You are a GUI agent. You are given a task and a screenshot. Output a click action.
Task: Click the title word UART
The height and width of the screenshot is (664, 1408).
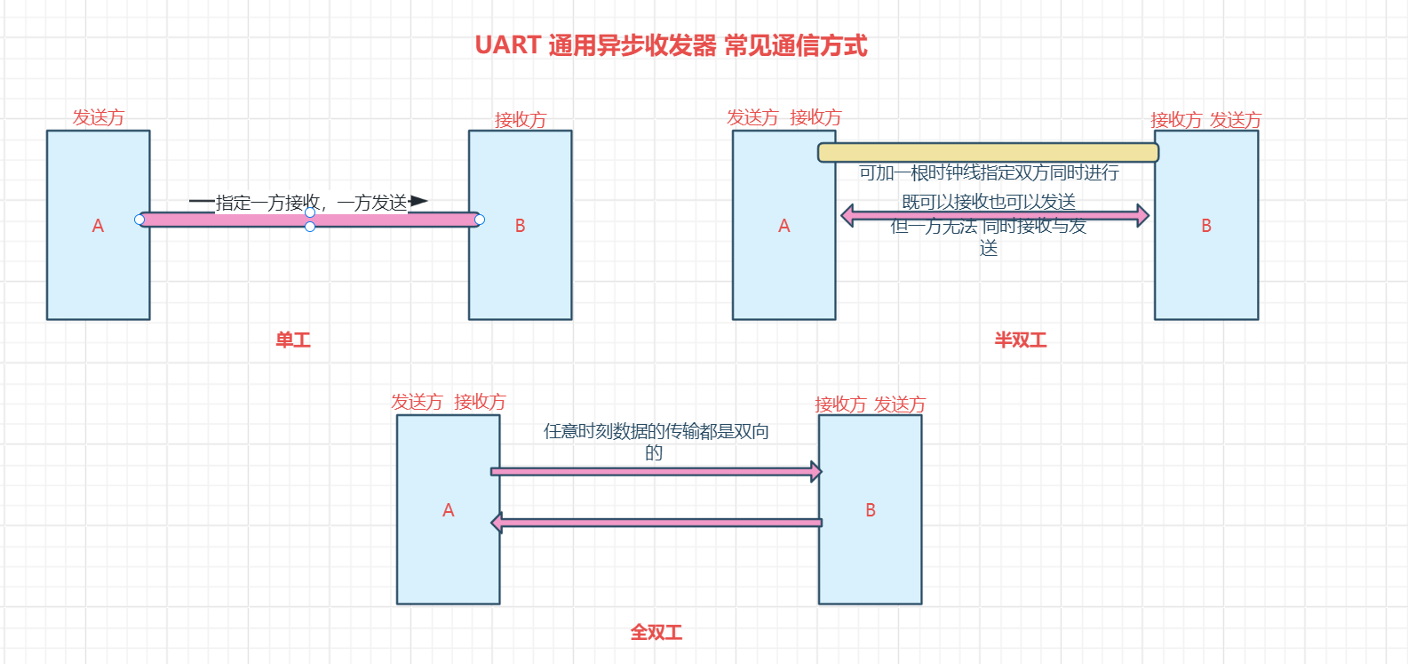(x=507, y=45)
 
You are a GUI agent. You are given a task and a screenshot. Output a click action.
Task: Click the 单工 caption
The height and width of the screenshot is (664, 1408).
(x=293, y=340)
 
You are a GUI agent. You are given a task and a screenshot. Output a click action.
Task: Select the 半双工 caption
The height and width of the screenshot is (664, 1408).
(x=1021, y=340)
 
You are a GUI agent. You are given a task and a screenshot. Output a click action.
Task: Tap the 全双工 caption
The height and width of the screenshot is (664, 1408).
(x=656, y=632)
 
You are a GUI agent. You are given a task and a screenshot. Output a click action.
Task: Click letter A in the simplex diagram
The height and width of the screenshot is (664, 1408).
(x=98, y=226)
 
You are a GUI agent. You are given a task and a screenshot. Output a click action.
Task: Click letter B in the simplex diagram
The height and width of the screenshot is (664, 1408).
(x=521, y=226)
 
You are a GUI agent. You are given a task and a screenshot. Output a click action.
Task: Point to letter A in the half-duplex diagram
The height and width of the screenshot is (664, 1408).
(x=784, y=226)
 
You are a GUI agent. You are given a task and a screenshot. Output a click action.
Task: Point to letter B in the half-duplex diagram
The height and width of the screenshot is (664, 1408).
(x=1206, y=226)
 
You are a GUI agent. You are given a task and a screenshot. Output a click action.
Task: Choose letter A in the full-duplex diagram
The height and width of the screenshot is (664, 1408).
(x=448, y=510)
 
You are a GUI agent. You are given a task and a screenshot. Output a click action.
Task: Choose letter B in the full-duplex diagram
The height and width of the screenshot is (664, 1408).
(x=871, y=510)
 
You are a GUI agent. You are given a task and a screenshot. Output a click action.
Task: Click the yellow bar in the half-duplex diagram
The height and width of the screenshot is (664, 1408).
(x=988, y=152)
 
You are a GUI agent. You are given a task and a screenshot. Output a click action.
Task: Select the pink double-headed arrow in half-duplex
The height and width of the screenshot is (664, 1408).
(x=994, y=215)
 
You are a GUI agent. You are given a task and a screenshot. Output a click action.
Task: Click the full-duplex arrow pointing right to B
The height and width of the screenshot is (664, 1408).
(x=656, y=471)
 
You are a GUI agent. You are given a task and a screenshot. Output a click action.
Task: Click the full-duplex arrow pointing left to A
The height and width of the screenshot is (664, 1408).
(x=656, y=523)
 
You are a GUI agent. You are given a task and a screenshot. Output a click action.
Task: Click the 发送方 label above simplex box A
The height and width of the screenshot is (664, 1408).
(x=98, y=117)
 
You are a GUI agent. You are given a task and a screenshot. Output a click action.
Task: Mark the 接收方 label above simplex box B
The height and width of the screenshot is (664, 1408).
(x=521, y=120)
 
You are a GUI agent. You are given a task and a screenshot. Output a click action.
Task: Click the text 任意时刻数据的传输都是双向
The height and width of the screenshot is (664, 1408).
(x=656, y=431)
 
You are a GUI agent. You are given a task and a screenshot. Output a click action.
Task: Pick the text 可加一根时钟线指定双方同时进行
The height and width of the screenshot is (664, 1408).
(x=989, y=172)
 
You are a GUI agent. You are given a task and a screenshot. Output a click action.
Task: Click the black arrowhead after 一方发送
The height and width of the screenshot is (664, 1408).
(x=418, y=202)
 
